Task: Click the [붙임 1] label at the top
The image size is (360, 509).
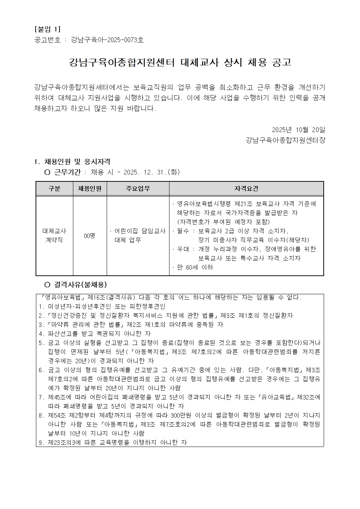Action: (47, 29)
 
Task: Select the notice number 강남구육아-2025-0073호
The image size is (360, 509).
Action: (107, 40)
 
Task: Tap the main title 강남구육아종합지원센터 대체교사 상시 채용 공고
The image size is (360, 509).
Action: (180, 63)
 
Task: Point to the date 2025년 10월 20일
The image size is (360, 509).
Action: (299, 130)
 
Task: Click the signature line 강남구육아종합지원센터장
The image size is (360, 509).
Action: (285, 140)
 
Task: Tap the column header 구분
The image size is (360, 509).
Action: (54, 189)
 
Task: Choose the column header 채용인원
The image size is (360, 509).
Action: (90, 189)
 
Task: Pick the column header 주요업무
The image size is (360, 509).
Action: (138, 189)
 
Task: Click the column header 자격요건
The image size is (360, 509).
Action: (246, 189)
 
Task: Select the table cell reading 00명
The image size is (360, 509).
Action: (90, 236)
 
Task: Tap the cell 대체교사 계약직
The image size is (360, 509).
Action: (54, 235)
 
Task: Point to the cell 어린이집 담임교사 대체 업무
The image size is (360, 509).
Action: (138, 235)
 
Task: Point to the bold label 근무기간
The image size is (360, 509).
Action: (67, 172)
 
